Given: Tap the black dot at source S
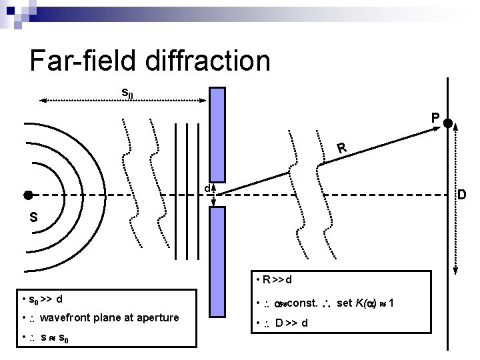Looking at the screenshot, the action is point(28,195).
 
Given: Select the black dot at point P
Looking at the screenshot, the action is point(448,123).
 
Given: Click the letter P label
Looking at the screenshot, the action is point(434,118).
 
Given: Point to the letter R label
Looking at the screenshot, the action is point(341,147).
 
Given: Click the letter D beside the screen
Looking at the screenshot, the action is point(461,195).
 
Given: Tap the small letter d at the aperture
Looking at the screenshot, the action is point(207,189).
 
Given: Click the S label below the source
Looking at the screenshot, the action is point(33,217).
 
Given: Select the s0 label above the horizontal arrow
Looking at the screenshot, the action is point(127,93).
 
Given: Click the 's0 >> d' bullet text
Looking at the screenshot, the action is point(45,298).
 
